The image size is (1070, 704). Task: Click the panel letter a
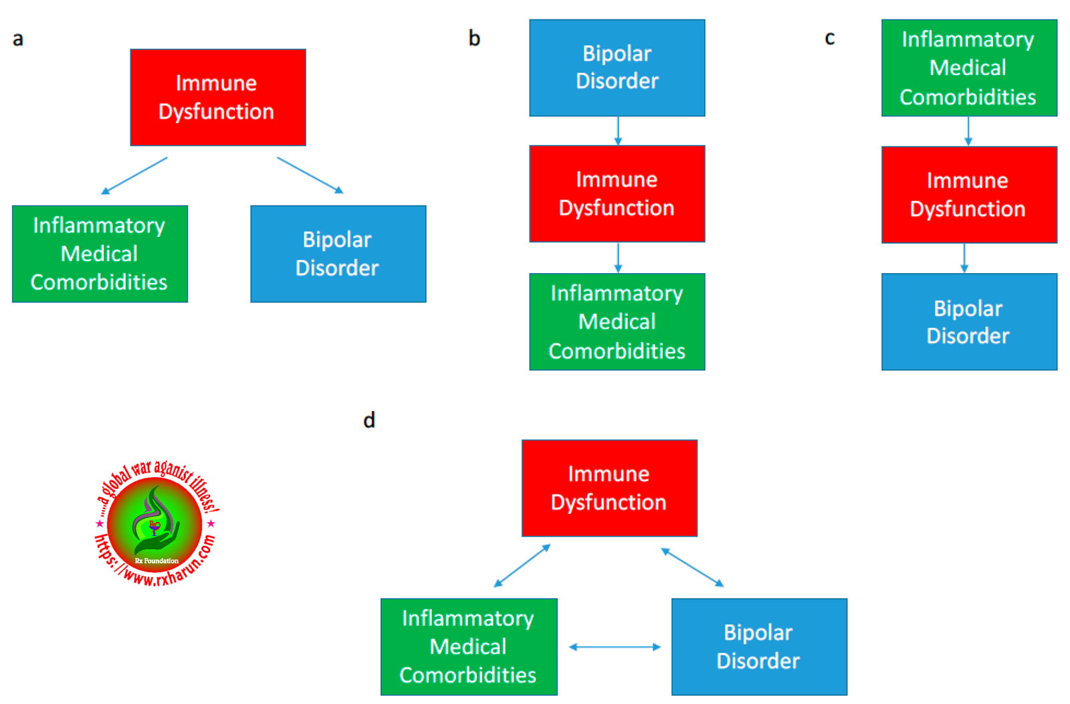tap(17, 39)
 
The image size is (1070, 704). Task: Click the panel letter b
tap(474, 37)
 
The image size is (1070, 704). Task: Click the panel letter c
tap(830, 38)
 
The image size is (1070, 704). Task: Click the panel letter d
tap(369, 420)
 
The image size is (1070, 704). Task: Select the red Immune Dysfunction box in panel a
tap(218, 97)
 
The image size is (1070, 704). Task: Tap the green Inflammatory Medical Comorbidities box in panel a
tap(100, 254)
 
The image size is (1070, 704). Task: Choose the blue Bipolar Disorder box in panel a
tap(338, 254)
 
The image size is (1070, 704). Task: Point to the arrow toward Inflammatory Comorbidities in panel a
tap(134, 175)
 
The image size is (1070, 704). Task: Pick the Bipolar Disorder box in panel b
tap(617, 68)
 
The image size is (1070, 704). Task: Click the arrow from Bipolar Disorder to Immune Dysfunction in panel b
tap(618, 131)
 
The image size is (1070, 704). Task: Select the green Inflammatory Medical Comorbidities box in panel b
tap(617, 322)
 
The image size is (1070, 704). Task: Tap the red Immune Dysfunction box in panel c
tap(969, 195)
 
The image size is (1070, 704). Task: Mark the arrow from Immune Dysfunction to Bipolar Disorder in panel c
tap(964, 258)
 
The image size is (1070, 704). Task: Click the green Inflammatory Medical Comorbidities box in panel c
tap(969, 68)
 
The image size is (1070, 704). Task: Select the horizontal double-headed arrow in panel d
tap(615, 647)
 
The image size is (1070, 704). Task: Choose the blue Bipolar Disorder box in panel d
tap(760, 646)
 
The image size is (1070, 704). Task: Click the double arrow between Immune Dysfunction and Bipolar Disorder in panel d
tap(693, 567)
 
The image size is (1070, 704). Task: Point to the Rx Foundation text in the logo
tap(156, 561)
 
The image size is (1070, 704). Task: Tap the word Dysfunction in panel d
tap(609, 503)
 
